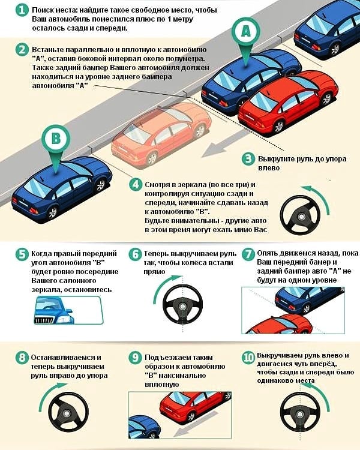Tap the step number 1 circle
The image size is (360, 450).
22,10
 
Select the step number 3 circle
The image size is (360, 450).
248,159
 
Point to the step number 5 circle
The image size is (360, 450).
22,254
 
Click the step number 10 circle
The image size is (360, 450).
248,358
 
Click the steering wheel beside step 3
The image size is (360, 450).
300,215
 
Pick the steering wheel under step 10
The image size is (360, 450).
300,413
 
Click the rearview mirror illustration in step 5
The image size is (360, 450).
68,310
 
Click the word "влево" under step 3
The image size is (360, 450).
269,167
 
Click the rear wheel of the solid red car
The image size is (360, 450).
278,126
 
